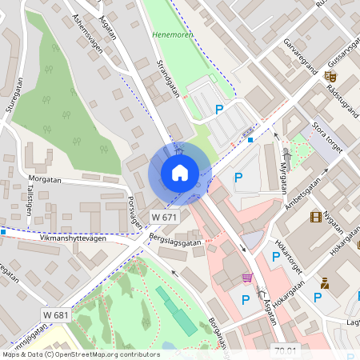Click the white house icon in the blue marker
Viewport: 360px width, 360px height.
[x=179, y=172]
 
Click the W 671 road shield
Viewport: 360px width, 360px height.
[x=164, y=217]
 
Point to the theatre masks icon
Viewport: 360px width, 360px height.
[x=330, y=77]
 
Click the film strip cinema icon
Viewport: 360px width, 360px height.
[x=316, y=217]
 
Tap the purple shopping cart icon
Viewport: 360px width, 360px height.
[x=247, y=278]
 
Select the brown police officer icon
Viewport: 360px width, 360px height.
[x=325, y=282]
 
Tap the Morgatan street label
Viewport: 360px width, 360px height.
[x=45, y=179]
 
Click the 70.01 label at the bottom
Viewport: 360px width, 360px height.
[x=285, y=350]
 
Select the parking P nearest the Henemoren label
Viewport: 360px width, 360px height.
[x=218, y=110]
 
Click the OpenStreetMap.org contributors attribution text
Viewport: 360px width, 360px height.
[x=104, y=354]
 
